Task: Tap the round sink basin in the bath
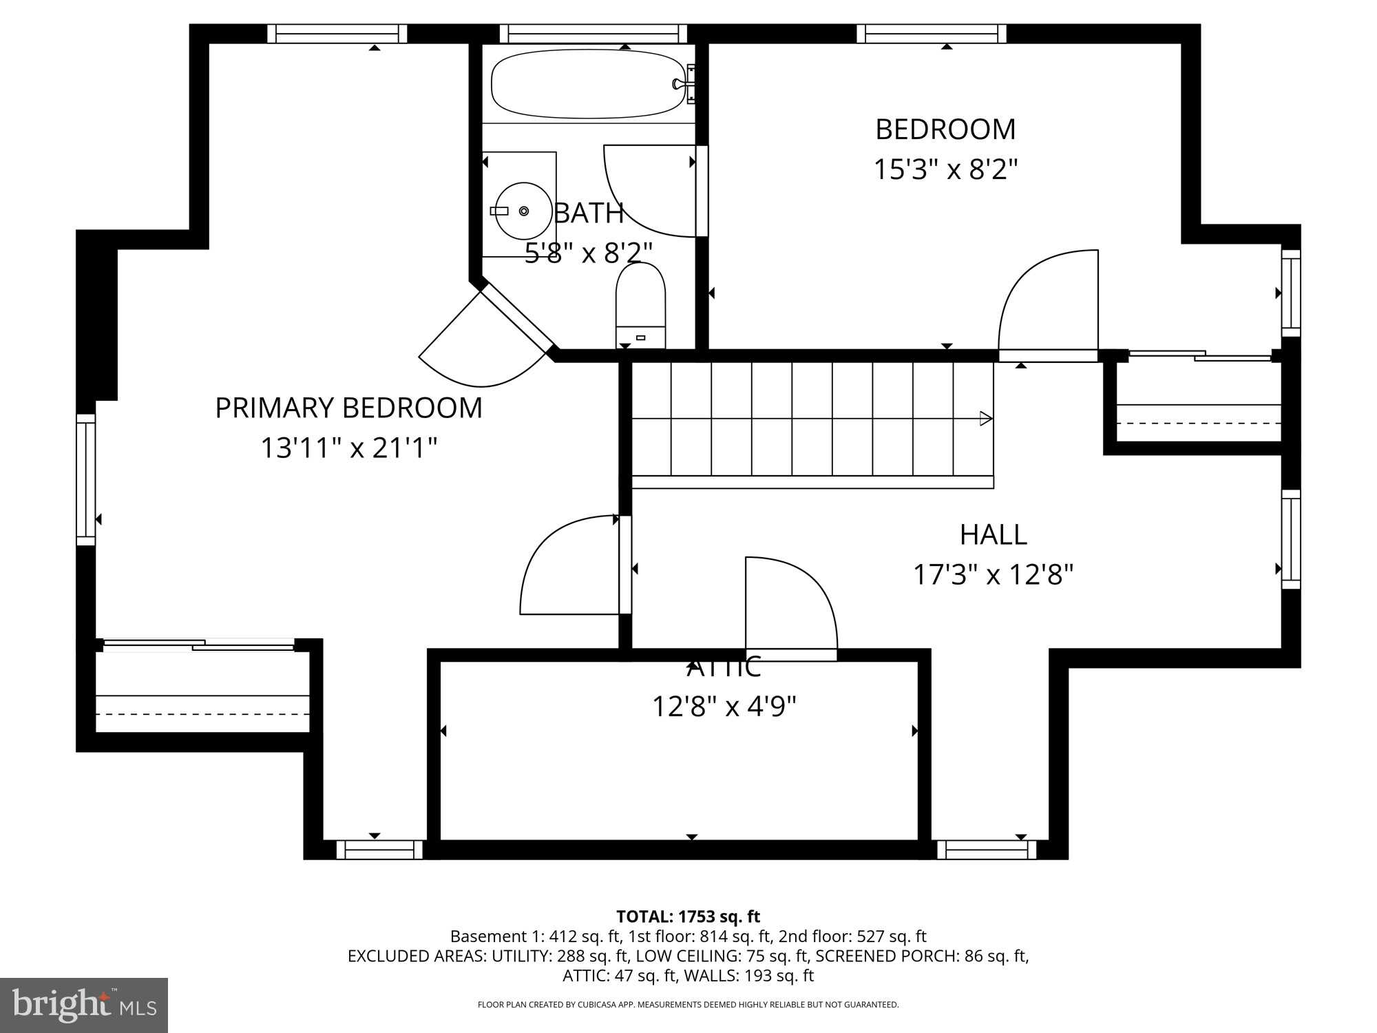(x=524, y=211)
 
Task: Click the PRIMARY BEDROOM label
(x=348, y=408)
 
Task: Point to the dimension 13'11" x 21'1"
(x=348, y=448)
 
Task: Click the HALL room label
(x=993, y=534)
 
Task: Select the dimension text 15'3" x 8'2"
(x=945, y=169)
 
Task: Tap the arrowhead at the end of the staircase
(x=986, y=418)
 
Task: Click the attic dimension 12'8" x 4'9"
(x=724, y=706)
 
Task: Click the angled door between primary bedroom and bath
(x=482, y=337)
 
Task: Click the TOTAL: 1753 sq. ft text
(x=688, y=917)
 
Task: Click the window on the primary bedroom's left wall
(x=85, y=479)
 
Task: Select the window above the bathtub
(x=593, y=34)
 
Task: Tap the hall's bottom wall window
(x=987, y=850)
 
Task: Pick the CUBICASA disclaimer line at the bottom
(x=688, y=1005)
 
